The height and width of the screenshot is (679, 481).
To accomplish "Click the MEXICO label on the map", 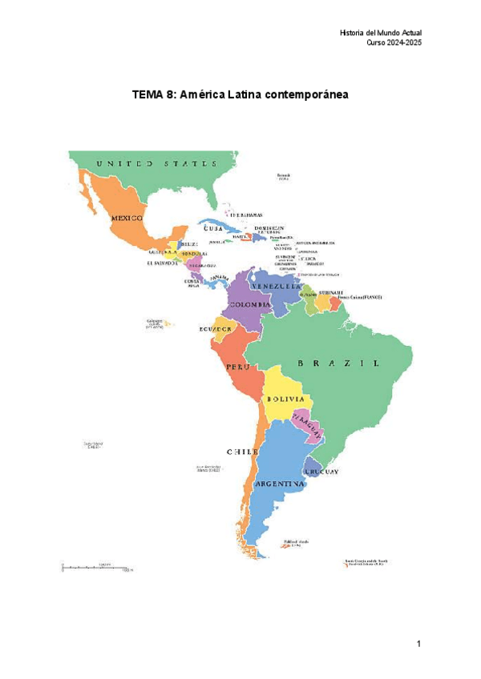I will pos(127,217).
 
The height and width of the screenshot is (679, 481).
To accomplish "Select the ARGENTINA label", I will pos(279,484).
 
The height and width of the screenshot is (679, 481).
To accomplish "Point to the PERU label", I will pos(233,367).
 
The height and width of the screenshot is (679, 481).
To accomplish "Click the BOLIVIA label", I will pos(285,398).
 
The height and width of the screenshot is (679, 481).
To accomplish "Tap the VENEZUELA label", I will pos(277,286).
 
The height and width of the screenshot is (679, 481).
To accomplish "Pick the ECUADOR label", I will pos(216,328).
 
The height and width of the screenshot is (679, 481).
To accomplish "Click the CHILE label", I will pos(242,452).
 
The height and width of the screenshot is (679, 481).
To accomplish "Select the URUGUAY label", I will pos(322,472).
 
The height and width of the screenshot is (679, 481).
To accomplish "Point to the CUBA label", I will pos(212,228).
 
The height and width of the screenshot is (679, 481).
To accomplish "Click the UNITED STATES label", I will pos(156,163).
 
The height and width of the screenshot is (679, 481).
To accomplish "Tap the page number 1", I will pos(418,644).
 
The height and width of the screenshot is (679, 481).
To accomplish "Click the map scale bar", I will pos(96,568).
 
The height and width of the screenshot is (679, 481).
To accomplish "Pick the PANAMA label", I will pos(219,279).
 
